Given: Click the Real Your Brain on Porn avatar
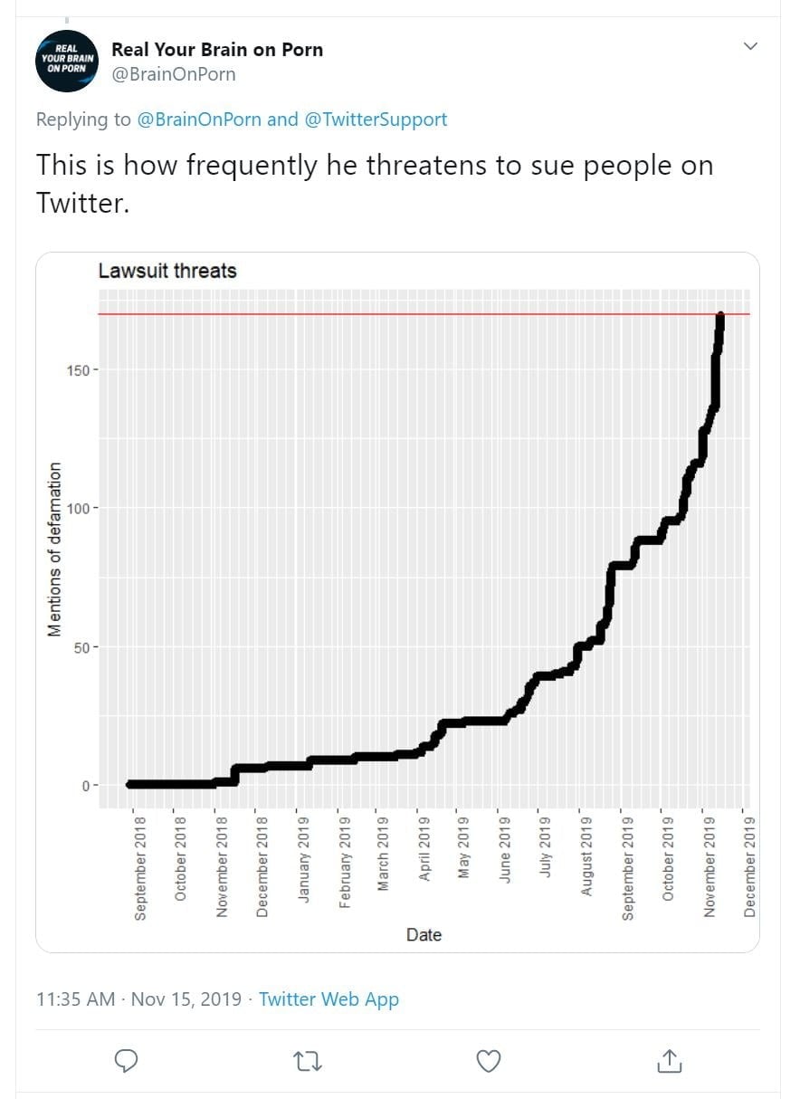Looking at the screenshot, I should (66, 61).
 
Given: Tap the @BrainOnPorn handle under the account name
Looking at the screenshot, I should (173, 75).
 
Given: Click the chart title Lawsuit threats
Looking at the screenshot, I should (167, 271).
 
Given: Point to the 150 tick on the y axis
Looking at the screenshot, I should (80, 369).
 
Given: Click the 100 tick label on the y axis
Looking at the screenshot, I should (80, 508).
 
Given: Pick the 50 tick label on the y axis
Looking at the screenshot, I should (83, 647).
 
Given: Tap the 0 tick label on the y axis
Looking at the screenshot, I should (86, 786).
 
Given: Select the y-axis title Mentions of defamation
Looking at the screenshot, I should (55, 549).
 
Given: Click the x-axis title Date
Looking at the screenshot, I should (424, 935).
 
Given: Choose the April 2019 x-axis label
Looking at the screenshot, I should (424, 850).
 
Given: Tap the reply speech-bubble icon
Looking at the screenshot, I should (128, 1061).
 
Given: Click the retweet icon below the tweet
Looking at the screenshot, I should (309, 1061).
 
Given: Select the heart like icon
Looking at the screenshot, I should (489, 1061).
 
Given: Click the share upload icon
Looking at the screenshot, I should (669, 1061).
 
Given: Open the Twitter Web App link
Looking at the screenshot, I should (329, 999).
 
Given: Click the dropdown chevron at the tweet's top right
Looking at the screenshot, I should (750, 47).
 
